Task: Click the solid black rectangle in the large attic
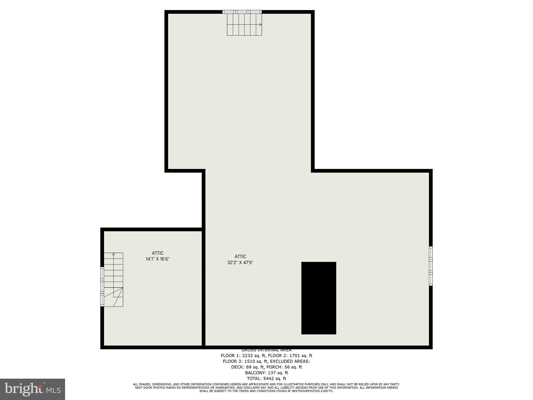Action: pos(319,298)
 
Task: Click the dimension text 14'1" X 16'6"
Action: pos(158,259)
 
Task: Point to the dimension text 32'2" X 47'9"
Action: pos(240,262)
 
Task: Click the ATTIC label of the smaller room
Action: pos(158,253)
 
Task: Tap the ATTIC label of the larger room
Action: pos(240,257)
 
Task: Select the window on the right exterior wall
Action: pos(431,266)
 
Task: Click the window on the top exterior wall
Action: pos(242,12)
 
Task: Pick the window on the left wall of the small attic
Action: pos(102,286)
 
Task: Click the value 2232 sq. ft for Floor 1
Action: pos(253,355)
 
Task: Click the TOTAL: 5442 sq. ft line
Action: pos(266,378)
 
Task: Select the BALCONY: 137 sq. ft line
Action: pos(266,373)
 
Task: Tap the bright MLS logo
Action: pos(33,389)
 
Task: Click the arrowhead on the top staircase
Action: pos(260,24)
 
